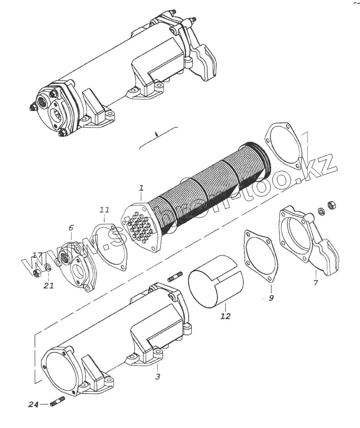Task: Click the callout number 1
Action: (x=141, y=188)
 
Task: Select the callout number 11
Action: (x=105, y=209)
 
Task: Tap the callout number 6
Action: (x=71, y=228)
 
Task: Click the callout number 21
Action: (x=49, y=285)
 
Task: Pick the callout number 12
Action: (x=225, y=316)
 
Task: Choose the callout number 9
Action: (x=271, y=298)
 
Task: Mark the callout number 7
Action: (x=316, y=283)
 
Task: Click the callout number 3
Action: (x=157, y=376)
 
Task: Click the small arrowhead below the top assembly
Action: (x=156, y=134)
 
